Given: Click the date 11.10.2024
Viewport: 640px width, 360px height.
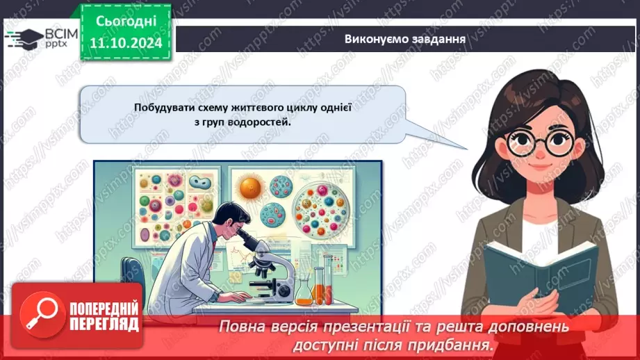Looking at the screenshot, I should [126, 43].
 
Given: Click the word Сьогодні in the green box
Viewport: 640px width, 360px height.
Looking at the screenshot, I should [126, 21].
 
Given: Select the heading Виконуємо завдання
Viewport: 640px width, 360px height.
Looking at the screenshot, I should [404, 38].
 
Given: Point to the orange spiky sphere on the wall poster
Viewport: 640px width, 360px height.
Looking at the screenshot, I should [249, 186].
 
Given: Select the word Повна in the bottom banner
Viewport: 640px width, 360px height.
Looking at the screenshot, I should [240, 326].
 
